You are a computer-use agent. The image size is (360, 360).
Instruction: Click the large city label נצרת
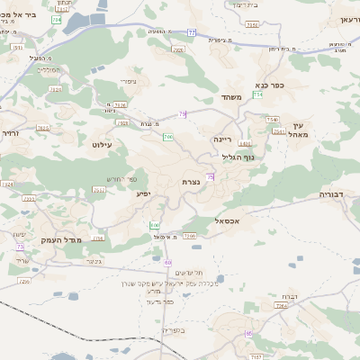tap(191, 182)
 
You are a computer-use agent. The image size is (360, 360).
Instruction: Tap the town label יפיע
tap(143, 193)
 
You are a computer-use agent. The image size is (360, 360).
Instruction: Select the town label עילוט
tap(101, 143)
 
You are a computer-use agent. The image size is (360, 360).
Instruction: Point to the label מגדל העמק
tap(60, 239)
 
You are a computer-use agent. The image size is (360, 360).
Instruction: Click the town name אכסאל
tap(226, 220)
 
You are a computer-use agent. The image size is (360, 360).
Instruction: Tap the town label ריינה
tap(223, 139)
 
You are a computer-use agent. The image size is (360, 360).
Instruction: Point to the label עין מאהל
tap(299, 130)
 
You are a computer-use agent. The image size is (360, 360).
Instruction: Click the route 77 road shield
tap(191, 32)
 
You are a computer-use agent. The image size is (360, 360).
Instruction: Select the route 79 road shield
tap(183, 113)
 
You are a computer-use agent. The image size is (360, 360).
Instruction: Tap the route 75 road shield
tap(210, 177)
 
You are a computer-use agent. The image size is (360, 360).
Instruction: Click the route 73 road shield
tap(20, 246)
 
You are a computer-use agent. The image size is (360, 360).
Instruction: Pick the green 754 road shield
tap(258, 94)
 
